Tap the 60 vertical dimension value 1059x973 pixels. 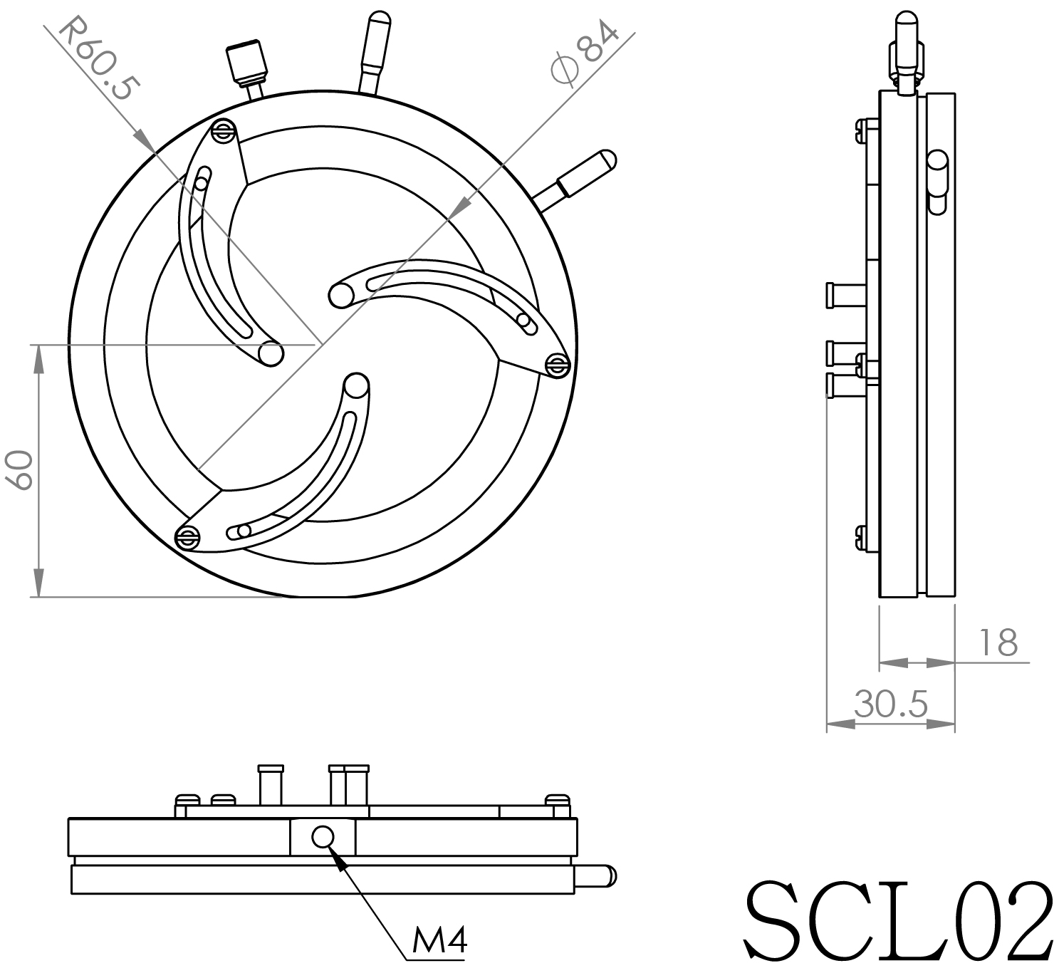[x=19, y=469]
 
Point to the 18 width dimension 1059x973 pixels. [x=998, y=642]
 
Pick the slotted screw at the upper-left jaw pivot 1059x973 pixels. [x=224, y=130]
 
